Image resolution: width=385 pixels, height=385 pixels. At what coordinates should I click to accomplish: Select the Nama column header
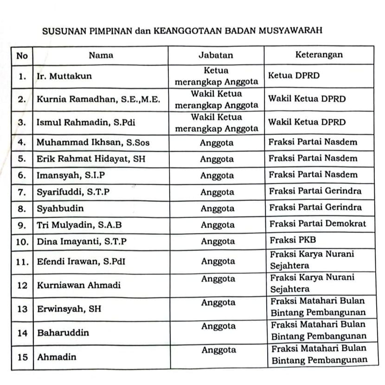pos(101,55)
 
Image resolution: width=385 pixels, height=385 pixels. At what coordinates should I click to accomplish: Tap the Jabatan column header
pos(216,55)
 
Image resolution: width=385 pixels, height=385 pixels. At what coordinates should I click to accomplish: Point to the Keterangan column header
pos(319,55)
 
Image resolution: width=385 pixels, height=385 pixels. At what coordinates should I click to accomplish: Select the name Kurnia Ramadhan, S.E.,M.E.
pos(98,99)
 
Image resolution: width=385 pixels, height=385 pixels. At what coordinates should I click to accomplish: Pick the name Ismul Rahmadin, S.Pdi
pos(80,122)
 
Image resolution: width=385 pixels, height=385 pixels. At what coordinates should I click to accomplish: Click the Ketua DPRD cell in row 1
pos(294,76)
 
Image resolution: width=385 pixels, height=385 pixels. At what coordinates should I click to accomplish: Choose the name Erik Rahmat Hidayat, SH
pos(91,159)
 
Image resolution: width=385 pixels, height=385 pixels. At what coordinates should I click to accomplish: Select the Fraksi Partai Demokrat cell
pos(318,224)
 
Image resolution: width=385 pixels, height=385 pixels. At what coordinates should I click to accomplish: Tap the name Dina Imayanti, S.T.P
pos(82,242)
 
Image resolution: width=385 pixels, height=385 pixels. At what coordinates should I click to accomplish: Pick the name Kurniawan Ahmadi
pos(78,285)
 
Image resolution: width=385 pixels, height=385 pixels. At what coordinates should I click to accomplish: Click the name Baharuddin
pos(63,333)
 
